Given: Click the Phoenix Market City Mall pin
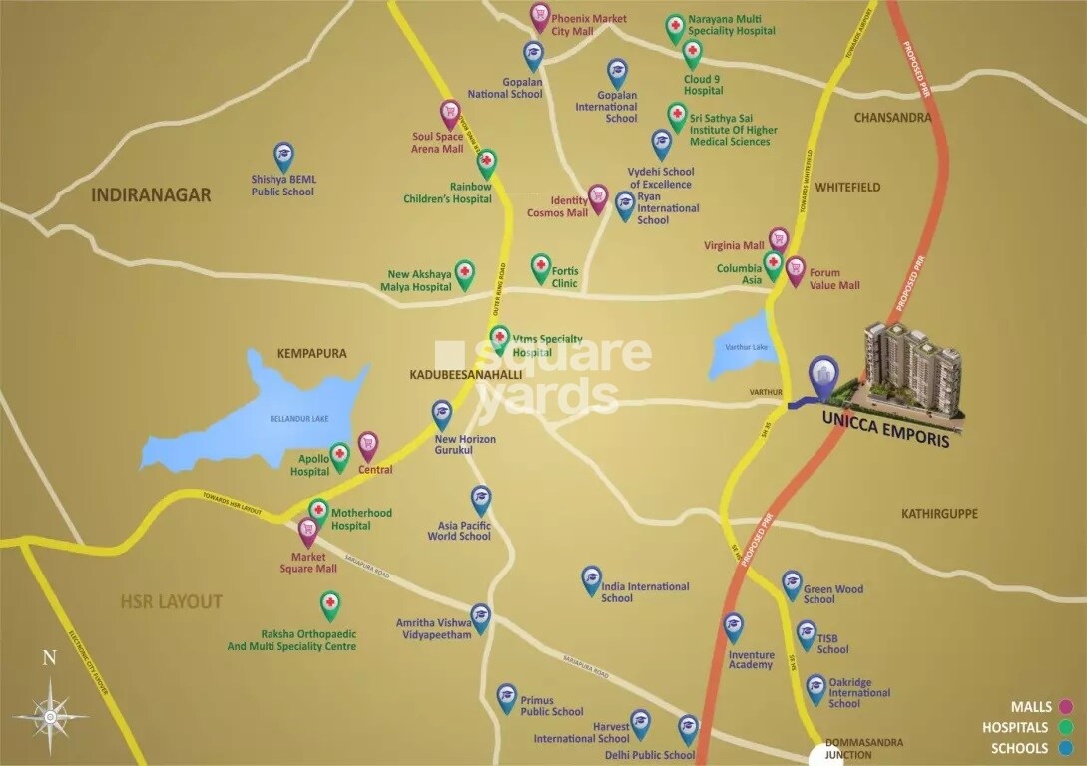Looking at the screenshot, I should [x=540, y=15].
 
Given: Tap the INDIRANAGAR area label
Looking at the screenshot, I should [x=151, y=194].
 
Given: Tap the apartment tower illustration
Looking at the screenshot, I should [x=911, y=370].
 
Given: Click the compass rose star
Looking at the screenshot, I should [x=49, y=714].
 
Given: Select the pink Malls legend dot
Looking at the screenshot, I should [x=1066, y=707].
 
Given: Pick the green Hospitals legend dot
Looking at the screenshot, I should [x=1066, y=728].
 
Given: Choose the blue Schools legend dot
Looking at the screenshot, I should [x=1066, y=748].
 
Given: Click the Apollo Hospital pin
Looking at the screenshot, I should [x=339, y=455].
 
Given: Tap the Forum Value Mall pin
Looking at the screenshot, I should [x=795, y=269].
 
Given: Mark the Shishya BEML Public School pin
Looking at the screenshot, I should [x=283, y=155].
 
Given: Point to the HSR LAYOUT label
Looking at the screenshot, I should [x=171, y=602].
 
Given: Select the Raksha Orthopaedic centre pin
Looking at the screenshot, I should [x=330, y=604].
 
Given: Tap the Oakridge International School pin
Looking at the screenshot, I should [x=816, y=687].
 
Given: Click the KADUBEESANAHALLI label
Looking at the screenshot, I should [x=465, y=374].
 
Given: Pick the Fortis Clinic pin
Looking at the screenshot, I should [x=540, y=266].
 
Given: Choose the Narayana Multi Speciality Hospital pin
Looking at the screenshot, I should [x=676, y=27].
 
